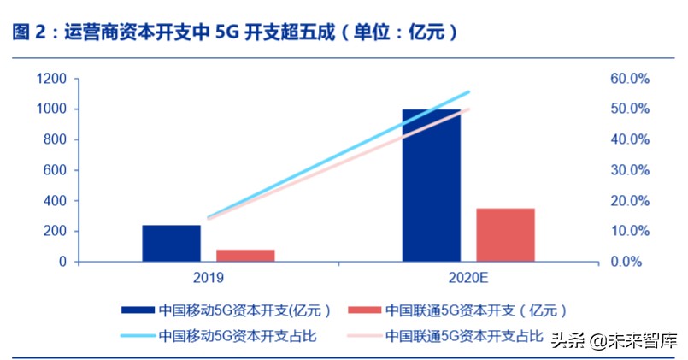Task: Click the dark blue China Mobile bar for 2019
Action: click(171, 244)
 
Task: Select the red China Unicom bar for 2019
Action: click(245, 256)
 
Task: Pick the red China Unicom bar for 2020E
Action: click(505, 235)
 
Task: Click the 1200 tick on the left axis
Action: click(51, 79)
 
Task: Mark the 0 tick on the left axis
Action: click(63, 263)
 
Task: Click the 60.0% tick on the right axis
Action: click(629, 79)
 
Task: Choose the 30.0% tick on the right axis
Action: click(629, 170)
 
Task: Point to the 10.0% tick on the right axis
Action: click(629, 232)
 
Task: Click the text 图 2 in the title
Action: click(29, 32)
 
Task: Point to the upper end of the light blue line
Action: click(469, 91)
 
